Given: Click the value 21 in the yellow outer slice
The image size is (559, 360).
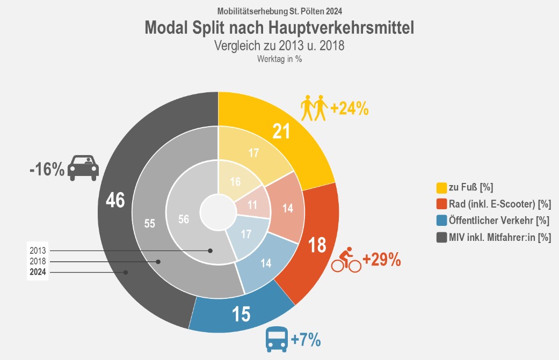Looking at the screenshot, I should tap(281, 131).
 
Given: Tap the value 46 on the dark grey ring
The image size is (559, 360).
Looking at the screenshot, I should tap(115, 200).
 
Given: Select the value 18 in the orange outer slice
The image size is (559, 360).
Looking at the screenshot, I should tap(317, 245).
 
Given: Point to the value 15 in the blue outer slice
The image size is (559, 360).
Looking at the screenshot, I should tap(242, 314).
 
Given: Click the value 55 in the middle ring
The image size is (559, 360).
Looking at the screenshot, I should tap(150, 223).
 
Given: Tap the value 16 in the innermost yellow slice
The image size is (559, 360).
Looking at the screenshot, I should tap(236, 181).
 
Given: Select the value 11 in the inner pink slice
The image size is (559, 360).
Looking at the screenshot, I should tap(252, 204).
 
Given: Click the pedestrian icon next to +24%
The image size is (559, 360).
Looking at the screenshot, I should tap(314, 108).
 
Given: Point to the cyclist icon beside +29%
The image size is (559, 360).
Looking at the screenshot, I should tap(346, 260).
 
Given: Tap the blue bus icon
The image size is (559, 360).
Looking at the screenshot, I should tap(277, 340).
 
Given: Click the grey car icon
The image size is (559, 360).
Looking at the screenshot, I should tap(84, 168).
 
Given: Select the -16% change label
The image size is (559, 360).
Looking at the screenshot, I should tap(47, 171).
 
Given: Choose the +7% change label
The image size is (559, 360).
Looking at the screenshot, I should tap(306, 340).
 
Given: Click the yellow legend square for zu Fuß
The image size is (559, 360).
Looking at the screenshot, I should tap(441, 188).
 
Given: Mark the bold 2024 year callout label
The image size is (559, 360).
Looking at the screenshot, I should tap(38, 272).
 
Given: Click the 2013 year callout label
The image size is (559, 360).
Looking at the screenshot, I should tap(38, 250).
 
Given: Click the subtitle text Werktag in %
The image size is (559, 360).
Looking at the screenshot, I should tap(279, 60).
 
